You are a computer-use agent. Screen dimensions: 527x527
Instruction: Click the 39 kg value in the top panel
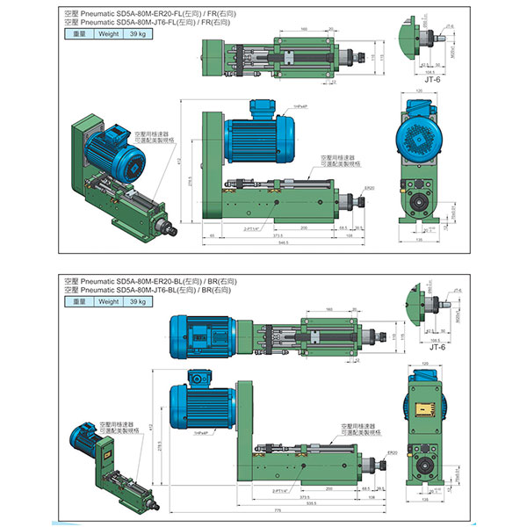tap(138, 34)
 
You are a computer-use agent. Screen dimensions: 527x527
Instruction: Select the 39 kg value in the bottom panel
tap(138, 301)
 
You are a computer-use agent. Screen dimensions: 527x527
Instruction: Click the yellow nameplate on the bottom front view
tap(424, 410)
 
